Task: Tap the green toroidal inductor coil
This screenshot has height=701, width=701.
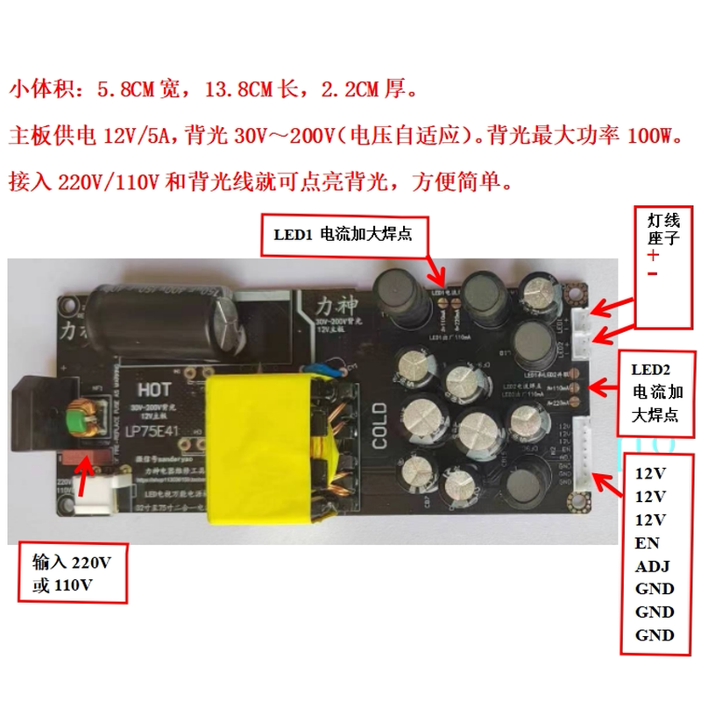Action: click(x=83, y=418)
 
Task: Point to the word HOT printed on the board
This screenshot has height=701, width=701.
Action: click(x=156, y=386)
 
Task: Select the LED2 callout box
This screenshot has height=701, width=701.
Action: click(x=656, y=393)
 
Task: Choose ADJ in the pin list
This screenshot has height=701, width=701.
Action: click(x=653, y=566)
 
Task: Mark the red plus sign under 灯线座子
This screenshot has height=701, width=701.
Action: click(x=654, y=255)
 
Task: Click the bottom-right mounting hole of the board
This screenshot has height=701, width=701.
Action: click(x=578, y=502)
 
